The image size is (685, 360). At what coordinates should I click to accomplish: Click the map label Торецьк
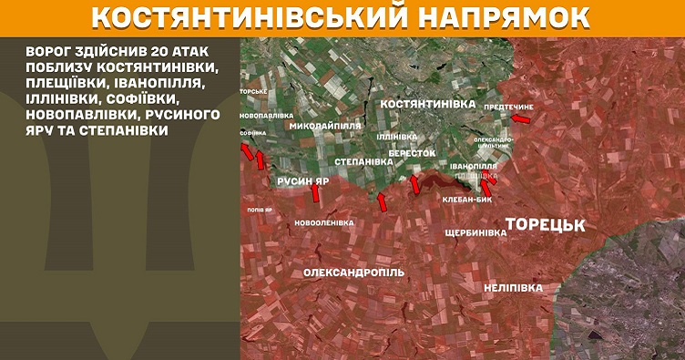(x=544, y=224)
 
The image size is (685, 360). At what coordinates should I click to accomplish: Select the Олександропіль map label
(x=354, y=273)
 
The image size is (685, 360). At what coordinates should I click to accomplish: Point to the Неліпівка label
(x=514, y=288)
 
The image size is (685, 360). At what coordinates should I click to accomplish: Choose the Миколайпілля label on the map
(x=326, y=127)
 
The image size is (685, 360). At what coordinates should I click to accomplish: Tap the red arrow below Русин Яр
(x=316, y=193)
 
